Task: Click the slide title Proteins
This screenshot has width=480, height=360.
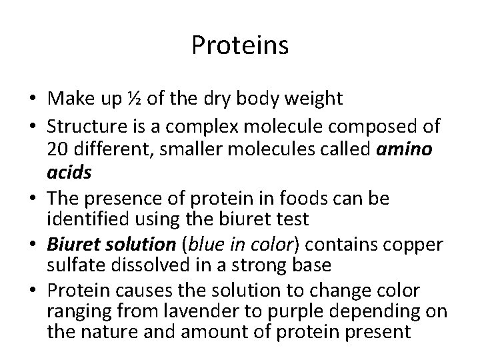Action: (239, 46)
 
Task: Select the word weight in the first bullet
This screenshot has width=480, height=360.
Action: (315, 99)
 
